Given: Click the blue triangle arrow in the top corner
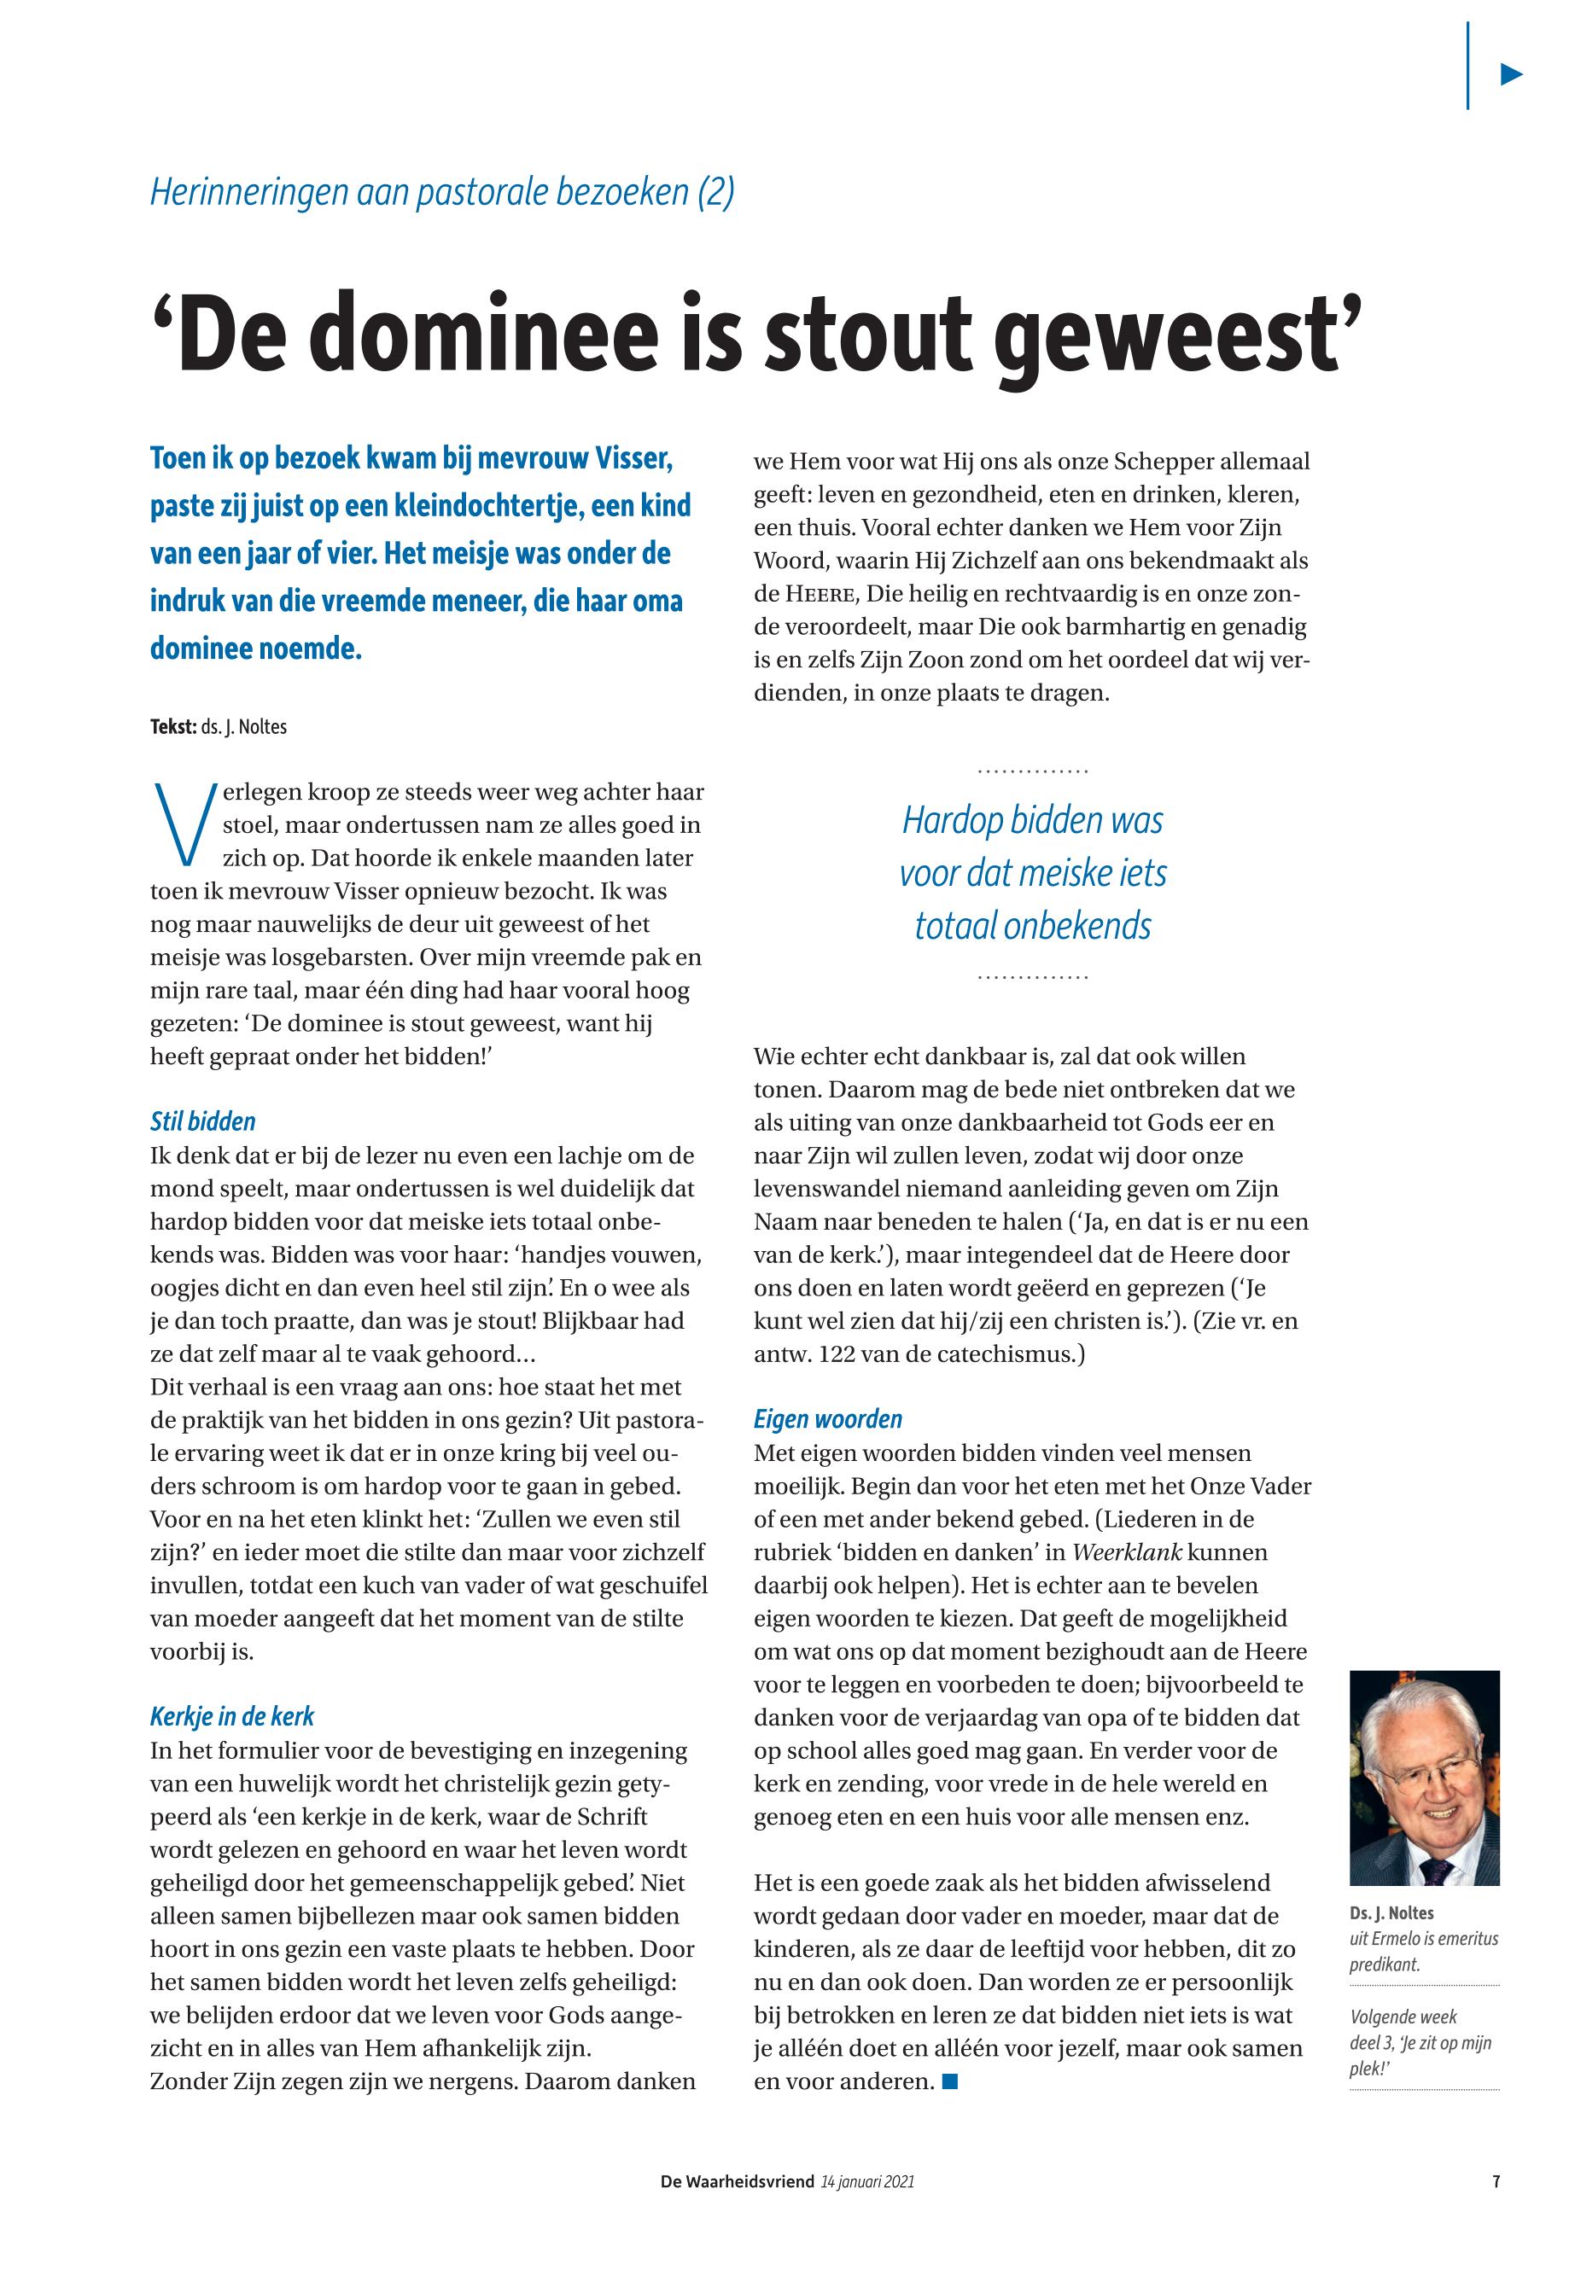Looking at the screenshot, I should tap(1511, 74).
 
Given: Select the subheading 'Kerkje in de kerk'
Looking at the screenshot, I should tap(232, 1716).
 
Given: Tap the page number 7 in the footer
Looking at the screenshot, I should tap(1496, 2182).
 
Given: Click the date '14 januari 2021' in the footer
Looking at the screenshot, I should tap(867, 2182).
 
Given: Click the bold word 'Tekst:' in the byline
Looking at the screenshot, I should tap(172, 728).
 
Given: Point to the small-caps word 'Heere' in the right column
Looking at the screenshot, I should tap(821, 594).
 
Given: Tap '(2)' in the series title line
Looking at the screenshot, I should tap(715, 191).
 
